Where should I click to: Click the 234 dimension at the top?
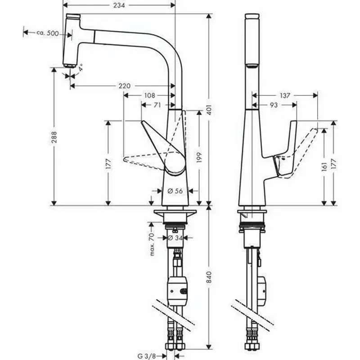click(118, 5)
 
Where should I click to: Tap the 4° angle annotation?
click(81, 68)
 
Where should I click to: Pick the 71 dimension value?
click(157, 105)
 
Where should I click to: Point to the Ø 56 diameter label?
click(175, 191)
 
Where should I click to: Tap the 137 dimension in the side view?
click(284, 95)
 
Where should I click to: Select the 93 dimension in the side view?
click(274, 105)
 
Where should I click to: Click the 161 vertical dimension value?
click(324, 167)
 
